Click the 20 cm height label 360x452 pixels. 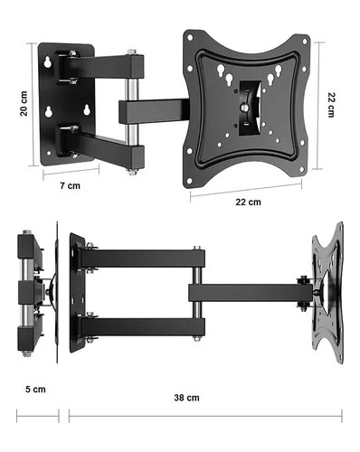tap(24, 104)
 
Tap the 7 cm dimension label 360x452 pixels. tap(70, 185)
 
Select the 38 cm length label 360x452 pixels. tap(186, 398)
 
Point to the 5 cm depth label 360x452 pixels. tap(35, 390)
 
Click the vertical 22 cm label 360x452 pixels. tap(331, 105)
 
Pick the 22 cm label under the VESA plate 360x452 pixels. tap(248, 202)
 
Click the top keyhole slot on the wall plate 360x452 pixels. tap(48, 62)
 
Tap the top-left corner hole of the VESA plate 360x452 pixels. tap(190, 38)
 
